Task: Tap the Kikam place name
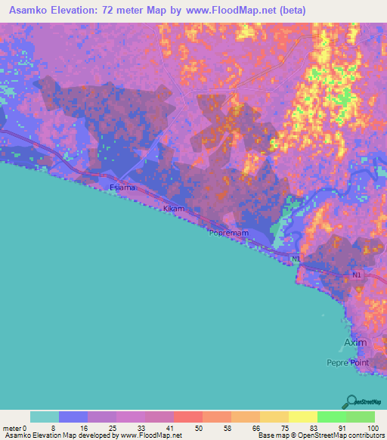tap(173, 208)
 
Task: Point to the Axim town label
tap(355, 342)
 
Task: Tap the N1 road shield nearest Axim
tap(357, 276)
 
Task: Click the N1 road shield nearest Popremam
tap(297, 259)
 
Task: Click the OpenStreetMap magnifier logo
tap(351, 401)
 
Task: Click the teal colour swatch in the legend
tap(44, 417)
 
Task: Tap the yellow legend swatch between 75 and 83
tap(302, 417)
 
